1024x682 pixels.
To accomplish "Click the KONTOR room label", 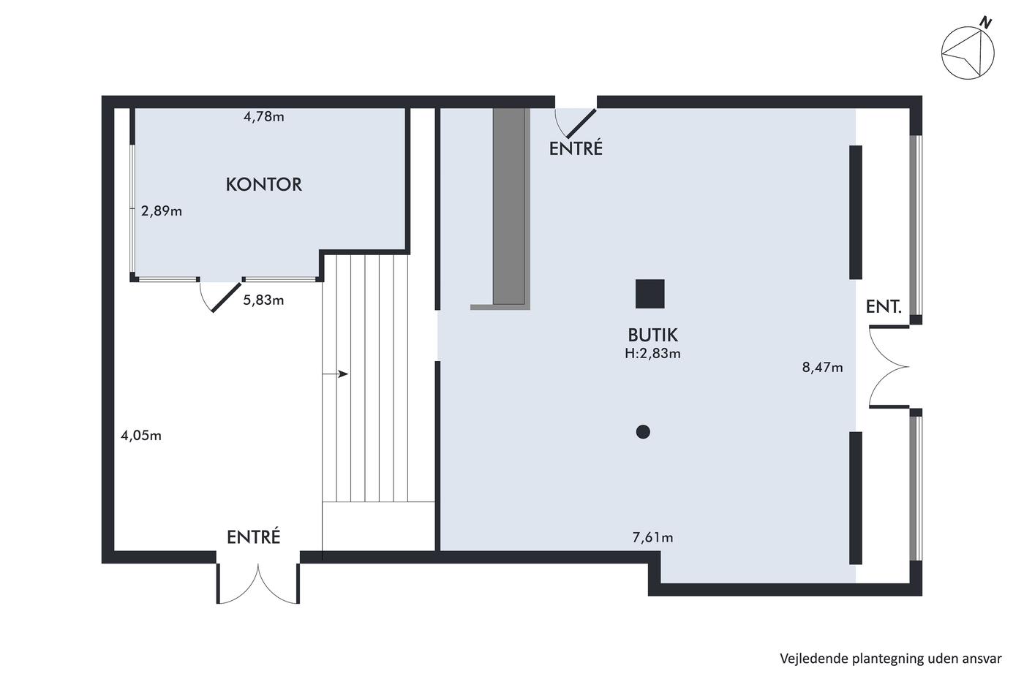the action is (264, 184).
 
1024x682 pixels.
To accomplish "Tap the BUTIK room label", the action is (652, 336).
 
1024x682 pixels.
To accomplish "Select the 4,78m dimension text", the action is (264, 117).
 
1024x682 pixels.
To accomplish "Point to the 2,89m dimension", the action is (162, 211).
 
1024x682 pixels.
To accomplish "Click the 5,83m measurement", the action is (263, 300).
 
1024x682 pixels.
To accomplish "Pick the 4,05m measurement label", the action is (140, 436).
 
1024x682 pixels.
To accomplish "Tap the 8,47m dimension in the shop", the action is (822, 367).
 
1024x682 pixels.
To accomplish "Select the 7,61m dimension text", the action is (652, 538).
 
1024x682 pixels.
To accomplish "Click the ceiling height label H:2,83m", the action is (652, 354).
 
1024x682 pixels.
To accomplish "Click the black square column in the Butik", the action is (650, 294).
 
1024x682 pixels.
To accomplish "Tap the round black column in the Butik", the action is (643, 432).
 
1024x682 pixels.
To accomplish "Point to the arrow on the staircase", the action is (335, 374).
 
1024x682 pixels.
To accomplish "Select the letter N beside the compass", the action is (987, 23).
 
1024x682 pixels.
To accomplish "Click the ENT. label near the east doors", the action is (884, 306).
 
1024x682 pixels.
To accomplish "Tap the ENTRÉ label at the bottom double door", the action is (253, 537).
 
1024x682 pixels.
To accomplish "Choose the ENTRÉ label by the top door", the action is (576, 148).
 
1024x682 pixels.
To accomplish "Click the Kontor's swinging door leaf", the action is (227, 298).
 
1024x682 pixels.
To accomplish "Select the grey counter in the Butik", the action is (508, 207).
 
